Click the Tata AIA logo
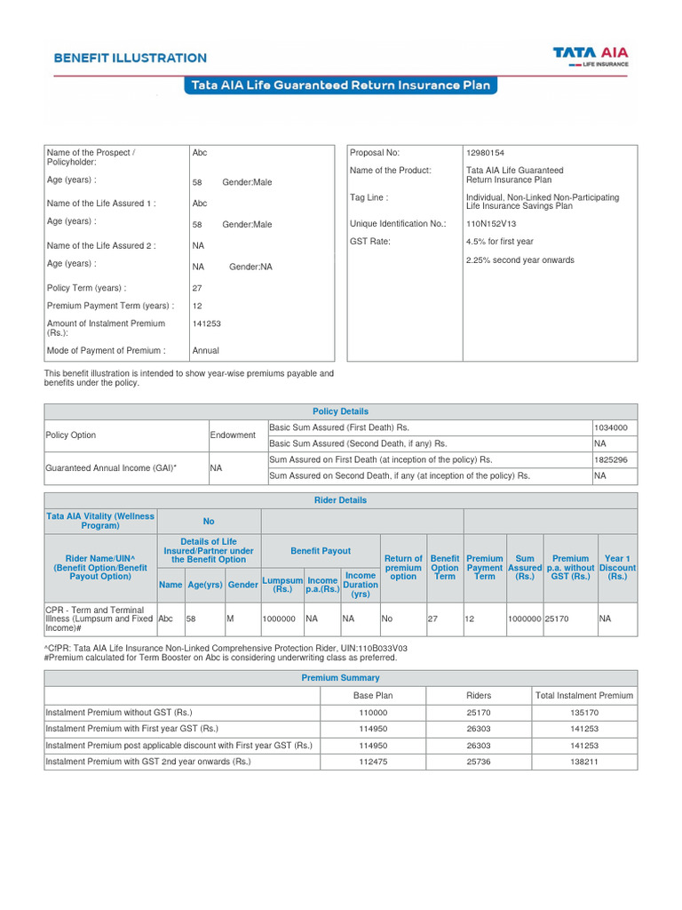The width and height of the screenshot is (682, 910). (x=591, y=57)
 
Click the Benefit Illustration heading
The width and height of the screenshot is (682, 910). (x=130, y=58)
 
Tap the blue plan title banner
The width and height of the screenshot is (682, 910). (x=340, y=85)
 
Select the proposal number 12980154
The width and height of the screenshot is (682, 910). (x=485, y=153)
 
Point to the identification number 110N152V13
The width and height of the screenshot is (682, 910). (x=491, y=224)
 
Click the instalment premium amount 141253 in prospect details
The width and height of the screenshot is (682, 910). (x=206, y=324)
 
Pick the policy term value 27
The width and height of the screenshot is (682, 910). (x=197, y=288)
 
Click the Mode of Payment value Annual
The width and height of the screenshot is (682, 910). (x=205, y=350)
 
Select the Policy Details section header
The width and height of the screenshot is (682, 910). (x=340, y=411)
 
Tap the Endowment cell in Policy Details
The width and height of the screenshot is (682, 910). (x=233, y=435)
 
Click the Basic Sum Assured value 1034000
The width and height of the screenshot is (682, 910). (x=611, y=427)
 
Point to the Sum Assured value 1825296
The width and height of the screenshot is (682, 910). (x=611, y=459)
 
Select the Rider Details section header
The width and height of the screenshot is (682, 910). (x=340, y=500)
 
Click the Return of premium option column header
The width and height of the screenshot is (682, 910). (x=403, y=567)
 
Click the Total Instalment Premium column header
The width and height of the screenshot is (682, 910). (x=583, y=696)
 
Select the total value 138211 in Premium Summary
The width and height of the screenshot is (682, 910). (x=583, y=762)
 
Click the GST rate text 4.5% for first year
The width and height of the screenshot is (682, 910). (x=499, y=242)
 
